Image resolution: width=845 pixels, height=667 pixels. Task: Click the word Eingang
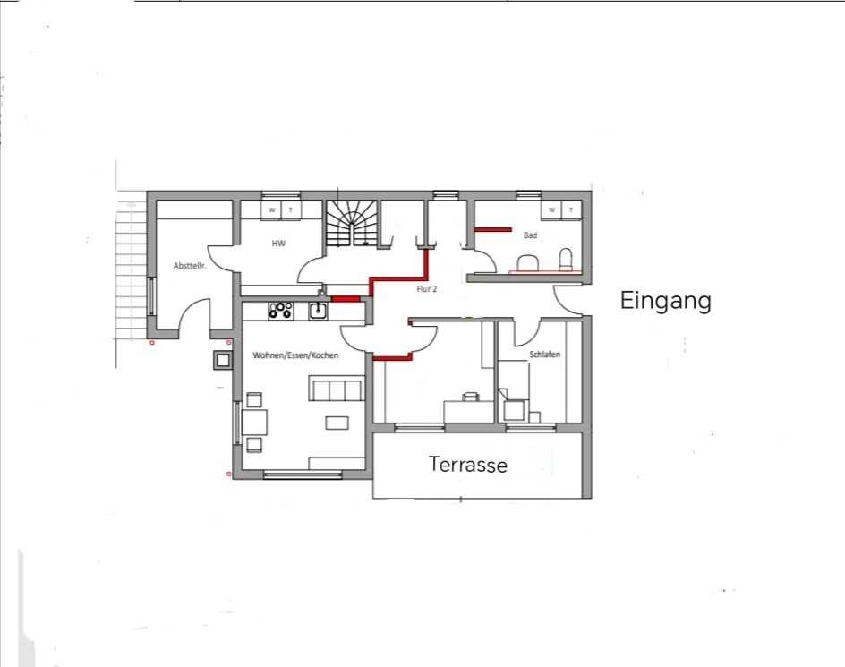coord(666,301)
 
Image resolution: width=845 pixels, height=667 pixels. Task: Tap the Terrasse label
coord(468,465)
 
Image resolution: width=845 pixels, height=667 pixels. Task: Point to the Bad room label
coord(530,235)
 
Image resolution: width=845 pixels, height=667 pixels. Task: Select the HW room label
coord(278,244)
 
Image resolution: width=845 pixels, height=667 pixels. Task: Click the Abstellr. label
coord(190,266)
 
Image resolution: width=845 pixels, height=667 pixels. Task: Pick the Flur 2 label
coord(426,289)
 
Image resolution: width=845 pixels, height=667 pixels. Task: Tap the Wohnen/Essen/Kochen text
coord(295,355)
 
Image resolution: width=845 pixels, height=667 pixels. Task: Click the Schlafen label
coord(545,355)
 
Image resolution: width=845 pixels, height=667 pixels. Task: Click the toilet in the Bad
coord(566,260)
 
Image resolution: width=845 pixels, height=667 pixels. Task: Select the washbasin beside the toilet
coord(529,262)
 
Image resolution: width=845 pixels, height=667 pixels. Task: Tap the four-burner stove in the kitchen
coord(281,311)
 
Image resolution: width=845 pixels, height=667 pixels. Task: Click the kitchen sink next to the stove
coord(318,311)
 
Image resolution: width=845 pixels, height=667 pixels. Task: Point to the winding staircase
coord(353,224)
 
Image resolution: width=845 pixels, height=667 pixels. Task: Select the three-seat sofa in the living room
coord(335,389)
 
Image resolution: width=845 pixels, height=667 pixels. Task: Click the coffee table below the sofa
coord(337,423)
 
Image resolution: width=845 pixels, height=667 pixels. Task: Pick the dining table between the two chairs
coord(255,423)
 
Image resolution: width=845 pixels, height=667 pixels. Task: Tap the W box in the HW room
coord(271,210)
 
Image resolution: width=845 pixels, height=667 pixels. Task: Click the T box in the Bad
coord(572,210)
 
